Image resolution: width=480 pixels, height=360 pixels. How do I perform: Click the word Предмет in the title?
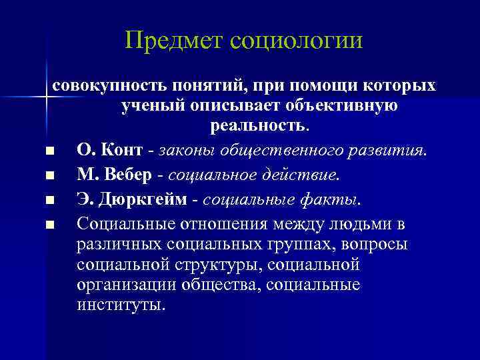coord(173,41)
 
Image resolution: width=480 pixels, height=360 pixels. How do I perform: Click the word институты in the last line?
coord(119,306)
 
